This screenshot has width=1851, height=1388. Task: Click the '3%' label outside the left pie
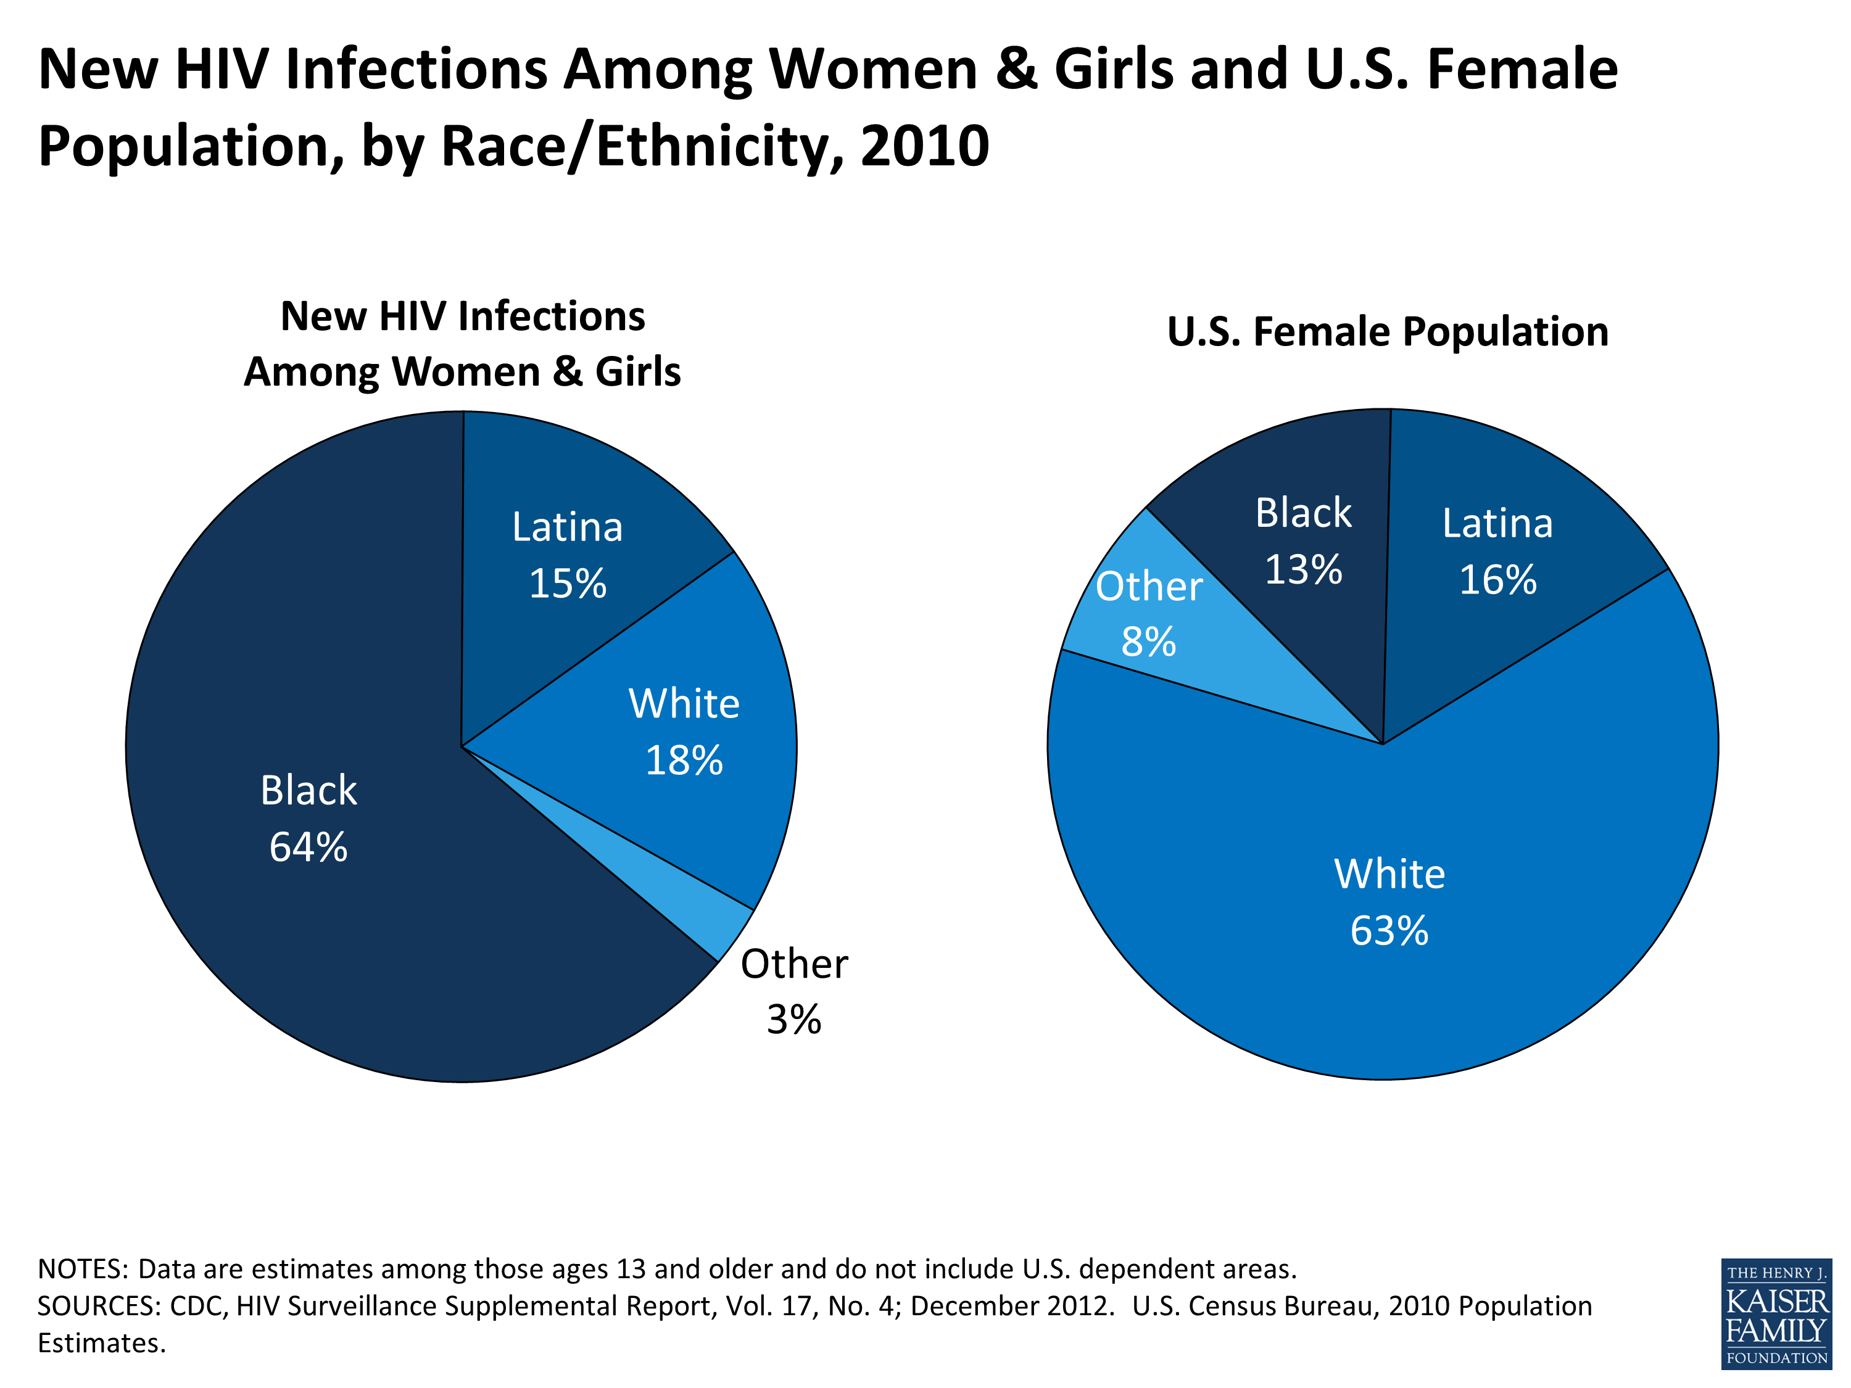point(793,1019)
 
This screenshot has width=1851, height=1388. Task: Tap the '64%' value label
point(308,847)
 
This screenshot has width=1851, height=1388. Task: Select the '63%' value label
point(1389,930)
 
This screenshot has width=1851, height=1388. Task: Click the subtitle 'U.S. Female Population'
point(1388,331)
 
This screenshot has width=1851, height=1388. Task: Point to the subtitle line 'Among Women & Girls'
point(462,371)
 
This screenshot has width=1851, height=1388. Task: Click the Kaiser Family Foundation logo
point(1776,1313)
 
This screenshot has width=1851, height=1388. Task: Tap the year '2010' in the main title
point(925,146)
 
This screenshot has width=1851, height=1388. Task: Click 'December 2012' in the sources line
point(1012,1306)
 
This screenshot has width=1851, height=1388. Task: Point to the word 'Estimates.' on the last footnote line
point(102,1343)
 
